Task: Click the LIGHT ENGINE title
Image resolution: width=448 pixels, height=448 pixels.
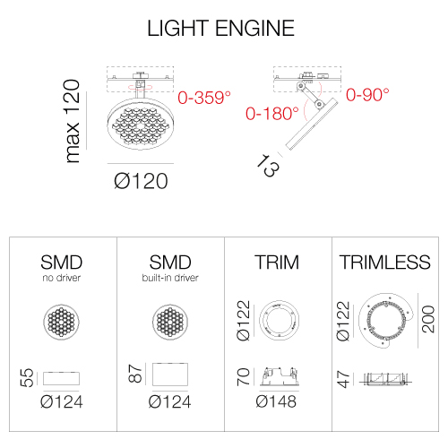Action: tap(221, 29)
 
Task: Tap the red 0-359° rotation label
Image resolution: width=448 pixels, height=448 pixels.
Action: tap(204, 98)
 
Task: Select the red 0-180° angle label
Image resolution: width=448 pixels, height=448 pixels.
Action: tap(272, 114)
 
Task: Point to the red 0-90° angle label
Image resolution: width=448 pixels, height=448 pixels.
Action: tap(367, 95)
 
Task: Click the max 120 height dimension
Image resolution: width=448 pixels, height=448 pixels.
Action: tap(72, 121)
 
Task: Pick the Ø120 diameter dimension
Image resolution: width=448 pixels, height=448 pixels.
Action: tap(141, 181)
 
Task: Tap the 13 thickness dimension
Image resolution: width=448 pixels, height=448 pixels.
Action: tap(268, 166)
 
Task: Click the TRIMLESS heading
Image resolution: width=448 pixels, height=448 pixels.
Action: tap(385, 263)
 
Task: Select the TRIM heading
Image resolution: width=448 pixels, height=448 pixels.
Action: tap(277, 263)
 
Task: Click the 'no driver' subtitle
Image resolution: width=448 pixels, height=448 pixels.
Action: tap(62, 278)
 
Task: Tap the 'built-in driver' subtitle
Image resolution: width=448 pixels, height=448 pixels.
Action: tap(170, 278)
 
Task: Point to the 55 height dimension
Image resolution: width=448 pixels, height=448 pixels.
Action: tap(27, 378)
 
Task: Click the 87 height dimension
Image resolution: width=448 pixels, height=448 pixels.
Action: tap(135, 374)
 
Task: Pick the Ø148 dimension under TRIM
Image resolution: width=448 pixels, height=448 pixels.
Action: tap(276, 401)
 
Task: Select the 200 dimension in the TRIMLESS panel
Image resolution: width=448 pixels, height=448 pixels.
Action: tap(428, 319)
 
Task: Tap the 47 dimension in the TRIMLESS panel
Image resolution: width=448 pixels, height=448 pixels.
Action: tap(343, 379)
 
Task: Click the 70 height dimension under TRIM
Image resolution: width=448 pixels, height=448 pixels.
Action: tap(243, 377)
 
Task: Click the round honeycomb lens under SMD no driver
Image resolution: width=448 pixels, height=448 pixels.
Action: tap(62, 322)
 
